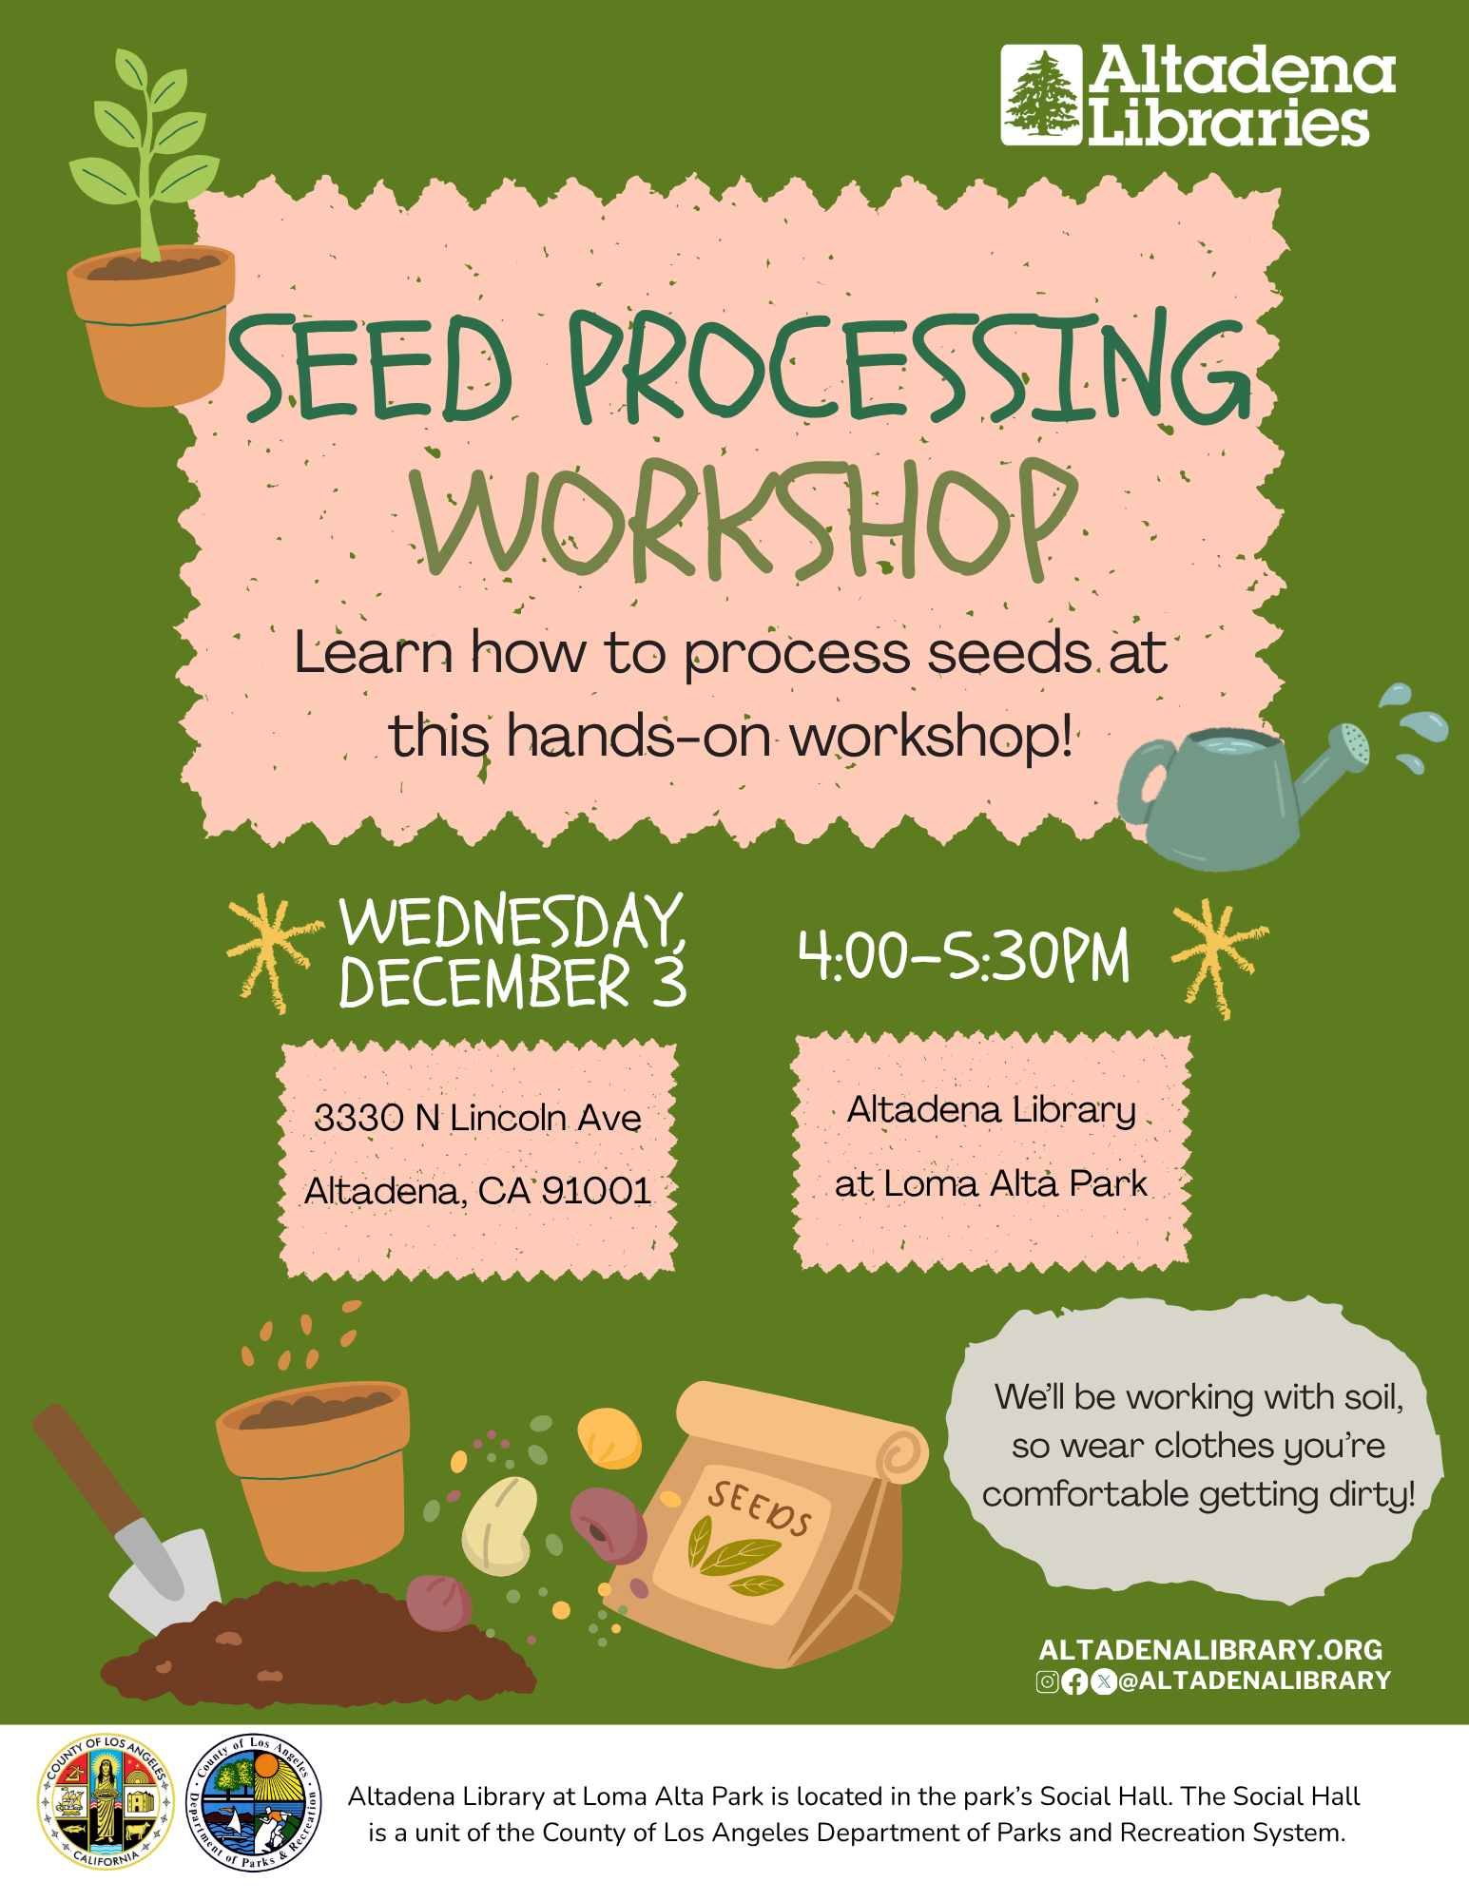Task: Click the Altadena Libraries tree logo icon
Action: [x=1041, y=95]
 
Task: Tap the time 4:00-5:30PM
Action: [x=964, y=955]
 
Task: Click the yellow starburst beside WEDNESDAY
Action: [x=270, y=952]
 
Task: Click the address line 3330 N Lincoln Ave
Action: [x=477, y=1118]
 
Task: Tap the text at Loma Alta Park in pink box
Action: [x=991, y=1183]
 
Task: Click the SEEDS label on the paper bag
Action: [x=760, y=1508]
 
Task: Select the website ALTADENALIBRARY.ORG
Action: [x=1210, y=1649]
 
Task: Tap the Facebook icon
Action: [x=1074, y=1681]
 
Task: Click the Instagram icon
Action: [x=1047, y=1681]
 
